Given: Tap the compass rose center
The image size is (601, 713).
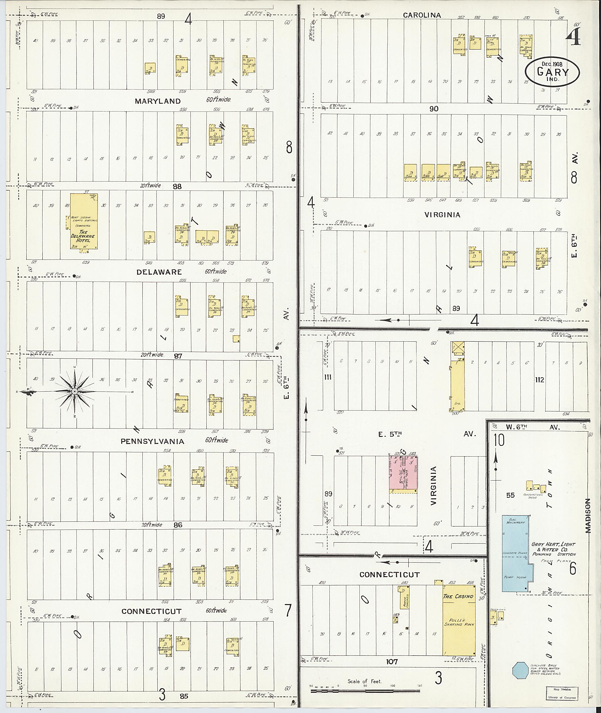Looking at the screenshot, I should pyautogui.click(x=74, y=392).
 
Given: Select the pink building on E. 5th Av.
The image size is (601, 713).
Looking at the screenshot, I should pyautogui.click(x=404, y=473).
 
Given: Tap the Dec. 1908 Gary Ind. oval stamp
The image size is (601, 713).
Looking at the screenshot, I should pyautogui.click(x=552, y=72).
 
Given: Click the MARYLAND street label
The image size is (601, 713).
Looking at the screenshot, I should pyautogui.click(x=158, y=101).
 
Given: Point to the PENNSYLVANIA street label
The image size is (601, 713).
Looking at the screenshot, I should pyautogui.click(x=152, y=441).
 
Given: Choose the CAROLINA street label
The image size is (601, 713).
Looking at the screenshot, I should pyautogui.click(x=422, y=15).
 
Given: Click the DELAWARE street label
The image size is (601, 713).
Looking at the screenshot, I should pyautogui.click(x=159, y=272).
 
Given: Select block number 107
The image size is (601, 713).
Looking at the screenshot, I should pyautogui.click(x=392, y=662).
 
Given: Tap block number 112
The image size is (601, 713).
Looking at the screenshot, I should pyautogui.click(x=540, y=380).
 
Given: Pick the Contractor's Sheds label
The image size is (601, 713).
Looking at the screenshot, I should pyautogui.click(x=533, y=495).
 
